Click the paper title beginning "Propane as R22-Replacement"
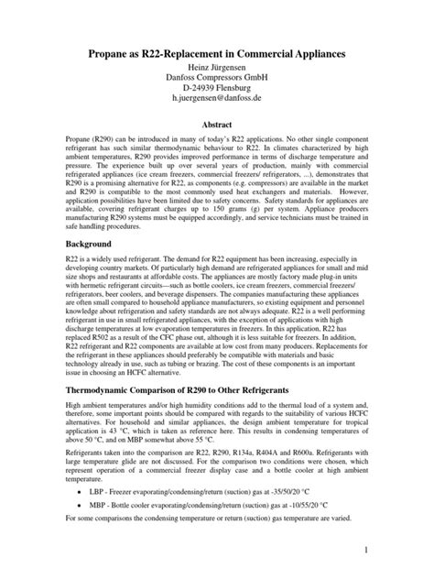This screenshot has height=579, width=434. pos(217,56)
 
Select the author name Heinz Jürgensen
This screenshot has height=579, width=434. pos(217,71)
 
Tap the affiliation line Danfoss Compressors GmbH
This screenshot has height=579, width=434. pos(217,84)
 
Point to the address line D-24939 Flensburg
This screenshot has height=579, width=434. pos(217,97)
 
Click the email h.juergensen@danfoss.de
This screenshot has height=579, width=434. pos(217,110)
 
